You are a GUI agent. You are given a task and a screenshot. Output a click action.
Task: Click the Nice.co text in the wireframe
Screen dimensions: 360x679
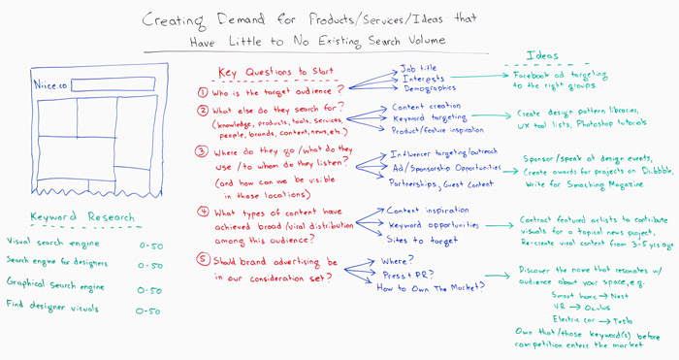pyautogui.click(x=49, y=85)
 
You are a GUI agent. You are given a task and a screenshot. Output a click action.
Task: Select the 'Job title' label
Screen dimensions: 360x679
pyautogui.click(x=419, y=69)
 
